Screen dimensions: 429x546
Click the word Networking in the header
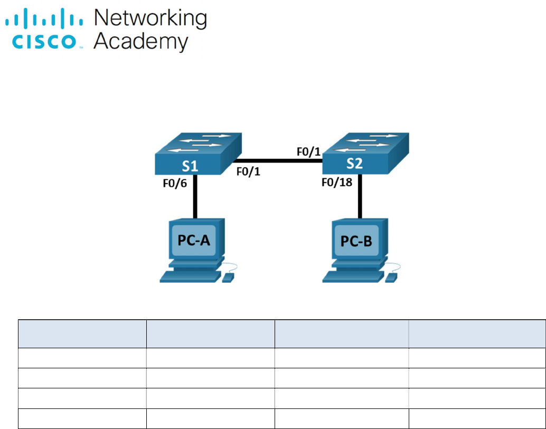tap(150, 19)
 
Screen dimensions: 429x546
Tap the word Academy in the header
tap(140, 42)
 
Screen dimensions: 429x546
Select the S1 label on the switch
tap(190, 166)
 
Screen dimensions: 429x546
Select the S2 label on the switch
tap(354, 164)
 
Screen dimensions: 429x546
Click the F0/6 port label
tap(174, 185)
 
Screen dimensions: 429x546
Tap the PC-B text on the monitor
tap(356, 241)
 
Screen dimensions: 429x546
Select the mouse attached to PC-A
tap(228, 277)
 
